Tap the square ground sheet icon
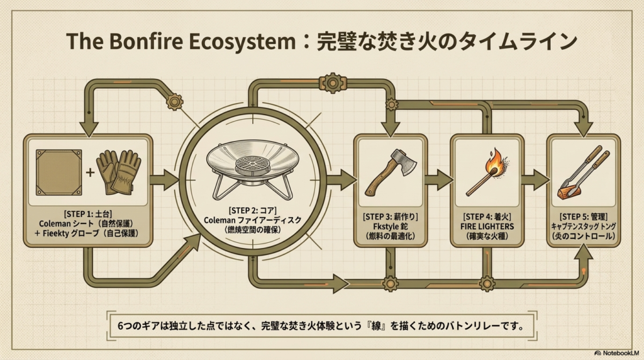(58, 172)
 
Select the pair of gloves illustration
(119, 172)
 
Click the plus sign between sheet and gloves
(89, 172)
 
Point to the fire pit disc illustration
(252, 169)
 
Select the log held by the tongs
(569, 192)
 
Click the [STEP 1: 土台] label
(88, 214)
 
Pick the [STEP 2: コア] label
(252, 211)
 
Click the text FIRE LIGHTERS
(487, 227)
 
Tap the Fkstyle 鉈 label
(390, 227)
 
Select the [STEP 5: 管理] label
(583, 217)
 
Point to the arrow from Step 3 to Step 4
(438, 180)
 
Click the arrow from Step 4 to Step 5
(535, 180)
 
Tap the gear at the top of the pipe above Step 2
(333, 84)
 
